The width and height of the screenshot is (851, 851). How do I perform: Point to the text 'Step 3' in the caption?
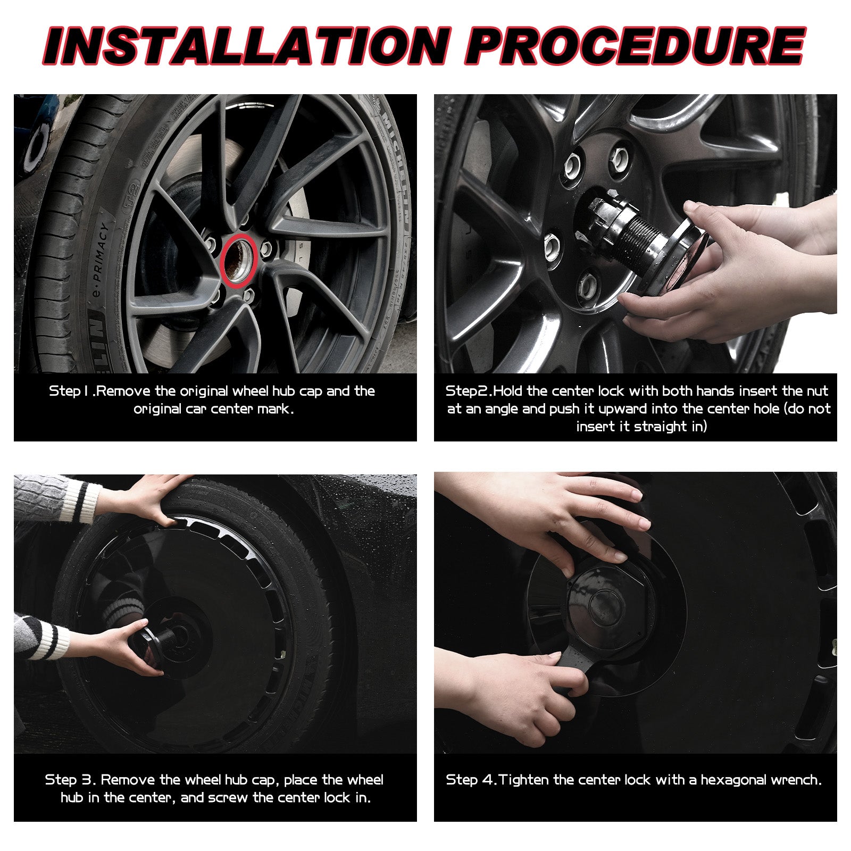coord(70,780)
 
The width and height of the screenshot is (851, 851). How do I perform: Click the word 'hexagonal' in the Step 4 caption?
coord(737,780)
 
